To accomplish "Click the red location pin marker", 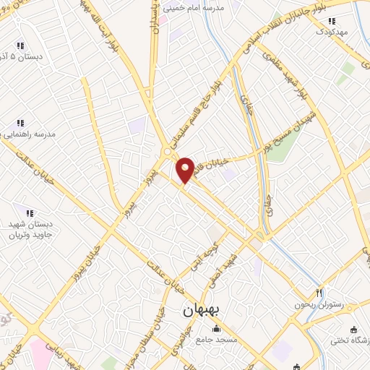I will [x=185, y=169].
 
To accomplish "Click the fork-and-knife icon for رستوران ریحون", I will [x=319, y=293].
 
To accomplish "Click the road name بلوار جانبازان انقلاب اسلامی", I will [x=289, y=29].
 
